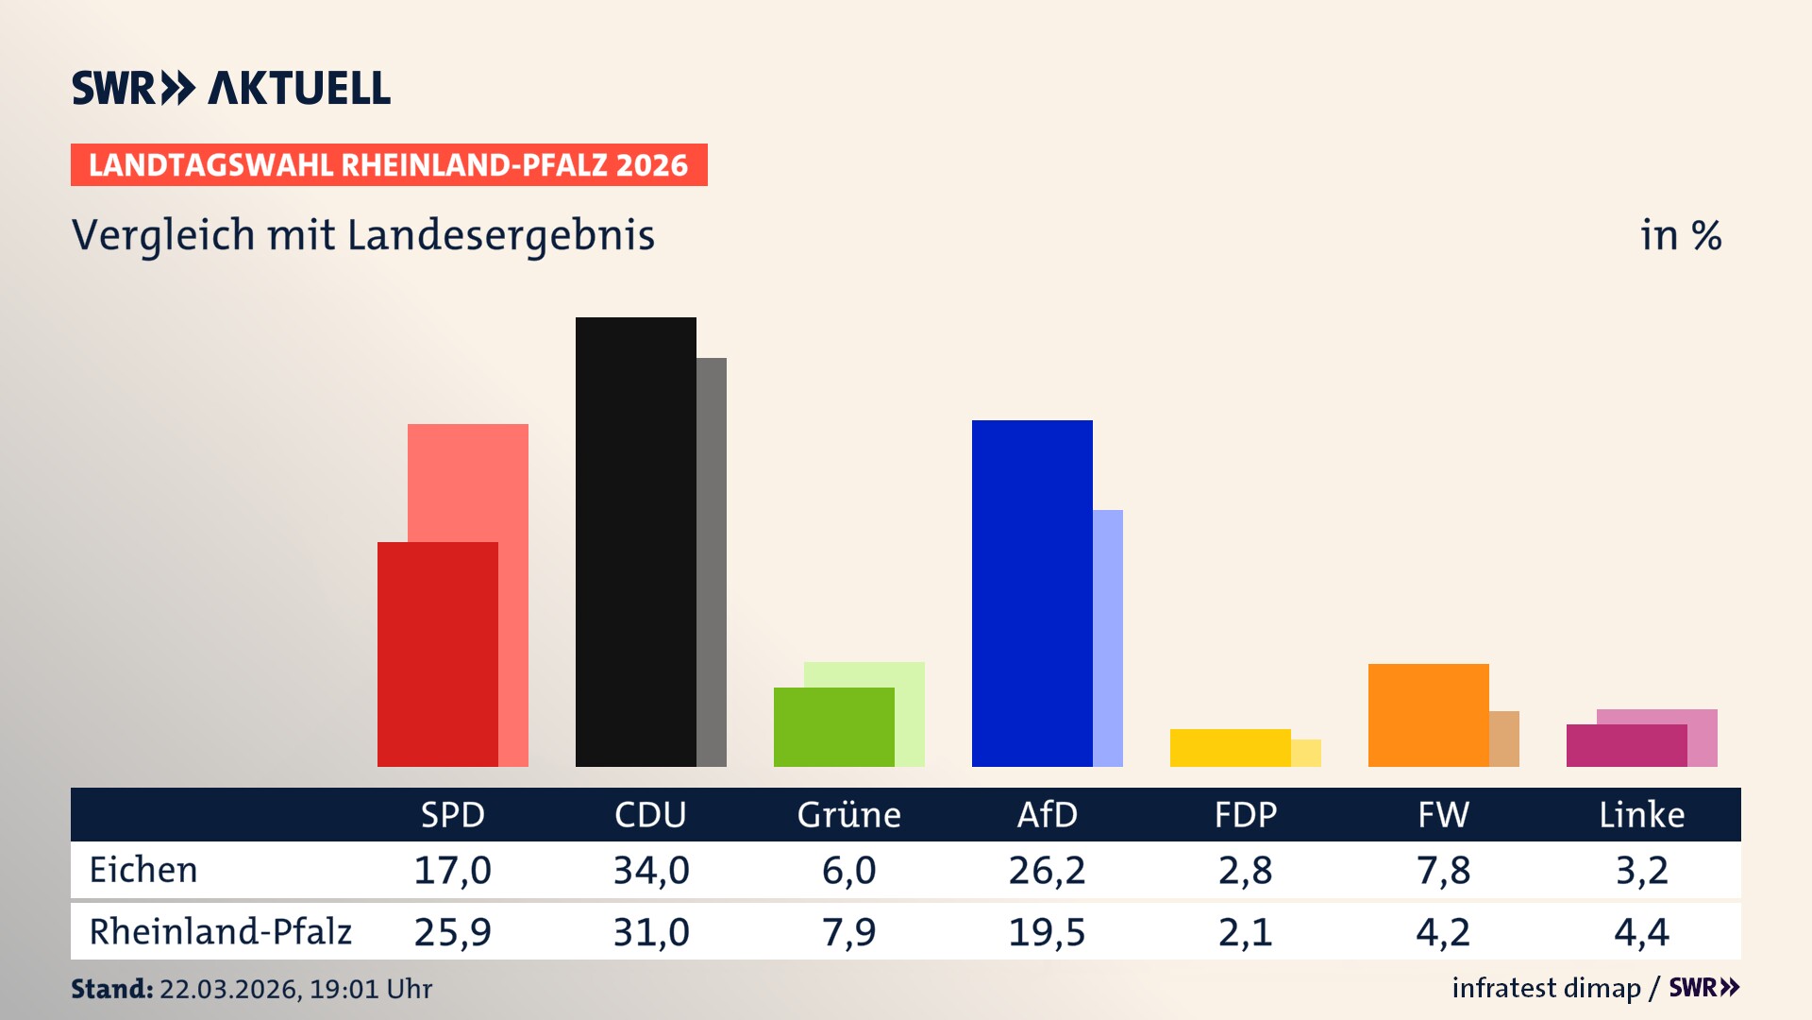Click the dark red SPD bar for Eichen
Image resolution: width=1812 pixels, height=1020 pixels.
point(437,654)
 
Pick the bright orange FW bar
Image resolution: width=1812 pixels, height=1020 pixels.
point(1428,715)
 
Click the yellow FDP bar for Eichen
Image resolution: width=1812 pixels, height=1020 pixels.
point(1230,747)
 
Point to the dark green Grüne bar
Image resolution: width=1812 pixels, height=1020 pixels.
point(833,726)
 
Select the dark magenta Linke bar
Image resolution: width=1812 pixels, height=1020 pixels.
point(1626,745)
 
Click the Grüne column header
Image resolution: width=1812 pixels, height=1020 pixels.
point(848,814)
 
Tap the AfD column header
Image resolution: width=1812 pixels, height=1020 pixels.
point(1047,814)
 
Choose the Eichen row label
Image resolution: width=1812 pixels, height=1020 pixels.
point(143,870)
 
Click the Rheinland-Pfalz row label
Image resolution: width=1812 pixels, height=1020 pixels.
point(220,931)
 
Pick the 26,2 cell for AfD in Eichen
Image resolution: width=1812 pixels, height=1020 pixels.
point(1047,870)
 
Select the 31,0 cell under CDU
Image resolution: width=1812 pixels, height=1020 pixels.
point(651,932)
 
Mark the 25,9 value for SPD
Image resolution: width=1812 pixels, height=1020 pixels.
point(452,932)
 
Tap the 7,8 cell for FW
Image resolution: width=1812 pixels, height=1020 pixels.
point(1443,870)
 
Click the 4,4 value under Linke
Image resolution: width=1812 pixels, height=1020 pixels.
point(1641,932)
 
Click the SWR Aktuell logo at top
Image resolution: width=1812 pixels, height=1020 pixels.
point(231,88)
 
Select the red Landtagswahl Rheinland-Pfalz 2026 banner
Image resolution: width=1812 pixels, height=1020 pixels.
point(389,165)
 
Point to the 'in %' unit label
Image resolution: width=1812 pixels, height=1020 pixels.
point(1680,235)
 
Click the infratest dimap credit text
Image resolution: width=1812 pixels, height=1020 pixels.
point(1545,988)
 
